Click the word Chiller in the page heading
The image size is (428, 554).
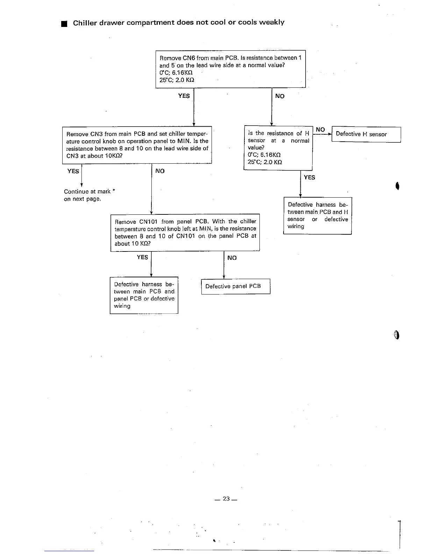point(85,22)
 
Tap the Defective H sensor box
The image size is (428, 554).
point(366,134)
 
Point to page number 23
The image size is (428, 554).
point(226,499)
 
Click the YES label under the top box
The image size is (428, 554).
point(184,96)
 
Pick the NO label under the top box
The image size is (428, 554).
point(280,96)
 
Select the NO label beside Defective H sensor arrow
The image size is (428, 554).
point(320,129)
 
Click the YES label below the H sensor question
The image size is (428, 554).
point(309,177)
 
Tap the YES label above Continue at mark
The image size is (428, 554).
point(73,171)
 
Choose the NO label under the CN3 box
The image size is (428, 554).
point(160,171)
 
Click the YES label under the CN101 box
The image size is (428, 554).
point(142,257)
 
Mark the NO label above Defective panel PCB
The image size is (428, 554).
point(232,258)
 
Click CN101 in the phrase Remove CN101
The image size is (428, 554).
point(148,221)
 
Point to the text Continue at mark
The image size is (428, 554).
point(87,191)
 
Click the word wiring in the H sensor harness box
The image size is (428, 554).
point(296,226)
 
